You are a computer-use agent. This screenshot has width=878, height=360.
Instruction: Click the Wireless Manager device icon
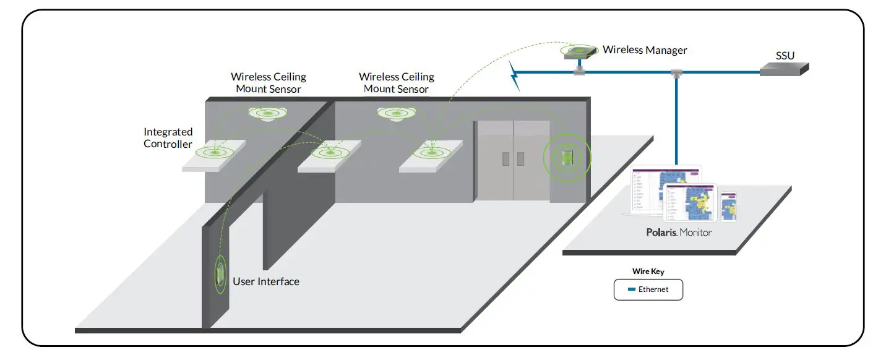579,52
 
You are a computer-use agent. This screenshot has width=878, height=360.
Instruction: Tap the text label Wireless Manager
645,50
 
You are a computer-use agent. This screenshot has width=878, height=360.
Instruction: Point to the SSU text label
785,56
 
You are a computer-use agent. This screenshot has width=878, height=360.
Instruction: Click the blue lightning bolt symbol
514,75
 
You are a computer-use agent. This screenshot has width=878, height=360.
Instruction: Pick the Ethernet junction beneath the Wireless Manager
580,72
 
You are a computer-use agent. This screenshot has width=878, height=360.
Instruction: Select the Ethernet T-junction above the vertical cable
676,74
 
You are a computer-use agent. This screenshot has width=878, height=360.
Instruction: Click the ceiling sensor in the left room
267,114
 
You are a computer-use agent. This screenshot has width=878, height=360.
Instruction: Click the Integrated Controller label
168,138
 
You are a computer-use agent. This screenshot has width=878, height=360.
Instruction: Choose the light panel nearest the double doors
431,154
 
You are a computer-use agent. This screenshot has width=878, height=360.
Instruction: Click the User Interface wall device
220,273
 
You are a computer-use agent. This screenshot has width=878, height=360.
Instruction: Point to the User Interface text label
265,281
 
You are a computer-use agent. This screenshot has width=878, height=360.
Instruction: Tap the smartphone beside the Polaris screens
728,206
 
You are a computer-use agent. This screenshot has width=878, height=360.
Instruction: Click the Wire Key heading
648,272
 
